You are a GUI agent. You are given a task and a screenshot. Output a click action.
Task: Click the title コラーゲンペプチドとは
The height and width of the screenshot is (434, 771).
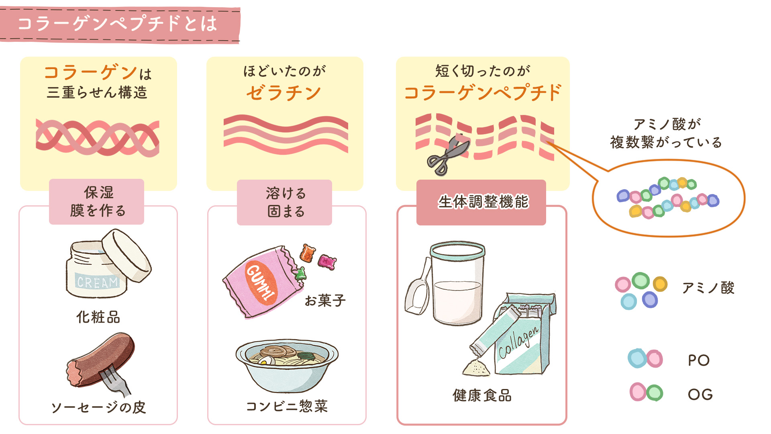(x=117, y=24)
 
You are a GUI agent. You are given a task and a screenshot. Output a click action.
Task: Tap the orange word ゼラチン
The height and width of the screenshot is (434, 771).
(x=284, y=93)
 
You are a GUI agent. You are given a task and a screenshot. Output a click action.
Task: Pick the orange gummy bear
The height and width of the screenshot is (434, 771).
(x=308, y=253)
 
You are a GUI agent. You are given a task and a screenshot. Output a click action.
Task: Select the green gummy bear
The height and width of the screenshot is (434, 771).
(x=300, y=274)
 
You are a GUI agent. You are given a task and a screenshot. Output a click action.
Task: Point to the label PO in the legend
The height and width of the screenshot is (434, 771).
(x=699, y=360)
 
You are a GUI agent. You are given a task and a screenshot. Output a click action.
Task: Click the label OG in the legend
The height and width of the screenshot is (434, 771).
(x=700, y=394)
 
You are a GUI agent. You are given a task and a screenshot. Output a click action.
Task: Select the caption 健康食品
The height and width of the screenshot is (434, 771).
(x=482, y=395)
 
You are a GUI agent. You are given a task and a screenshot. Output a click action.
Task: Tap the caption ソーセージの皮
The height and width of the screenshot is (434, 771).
(x=98, y=407)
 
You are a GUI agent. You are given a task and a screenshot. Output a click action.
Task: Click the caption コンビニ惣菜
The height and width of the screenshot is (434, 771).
(x=287, y=406)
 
